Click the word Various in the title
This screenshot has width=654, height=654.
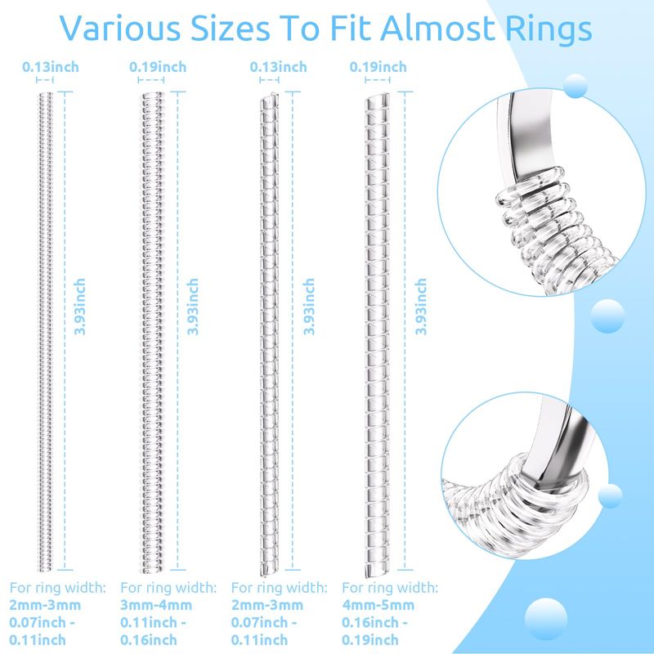(x=120, y=29)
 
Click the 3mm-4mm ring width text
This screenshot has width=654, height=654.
(x=156, y=605)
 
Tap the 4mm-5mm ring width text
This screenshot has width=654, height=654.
(x=378, y=605)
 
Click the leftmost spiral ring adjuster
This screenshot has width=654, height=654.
(x=46, y=331)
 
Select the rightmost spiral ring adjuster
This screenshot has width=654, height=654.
(x=378, y=334)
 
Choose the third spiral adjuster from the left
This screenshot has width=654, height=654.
(x=269, y=334)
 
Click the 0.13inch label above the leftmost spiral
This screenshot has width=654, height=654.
(x=51, y=67)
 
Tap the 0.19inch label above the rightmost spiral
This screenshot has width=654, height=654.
(x=378, y=67)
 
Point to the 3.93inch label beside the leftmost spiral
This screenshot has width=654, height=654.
(x=79, y=307)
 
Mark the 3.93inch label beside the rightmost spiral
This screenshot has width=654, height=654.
(x=421, y=307)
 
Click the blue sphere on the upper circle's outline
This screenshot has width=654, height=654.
(x=576, y=86)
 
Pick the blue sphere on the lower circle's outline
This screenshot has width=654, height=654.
(x=610, y=496)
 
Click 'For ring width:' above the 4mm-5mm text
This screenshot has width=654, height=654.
(x=390, y=587)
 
